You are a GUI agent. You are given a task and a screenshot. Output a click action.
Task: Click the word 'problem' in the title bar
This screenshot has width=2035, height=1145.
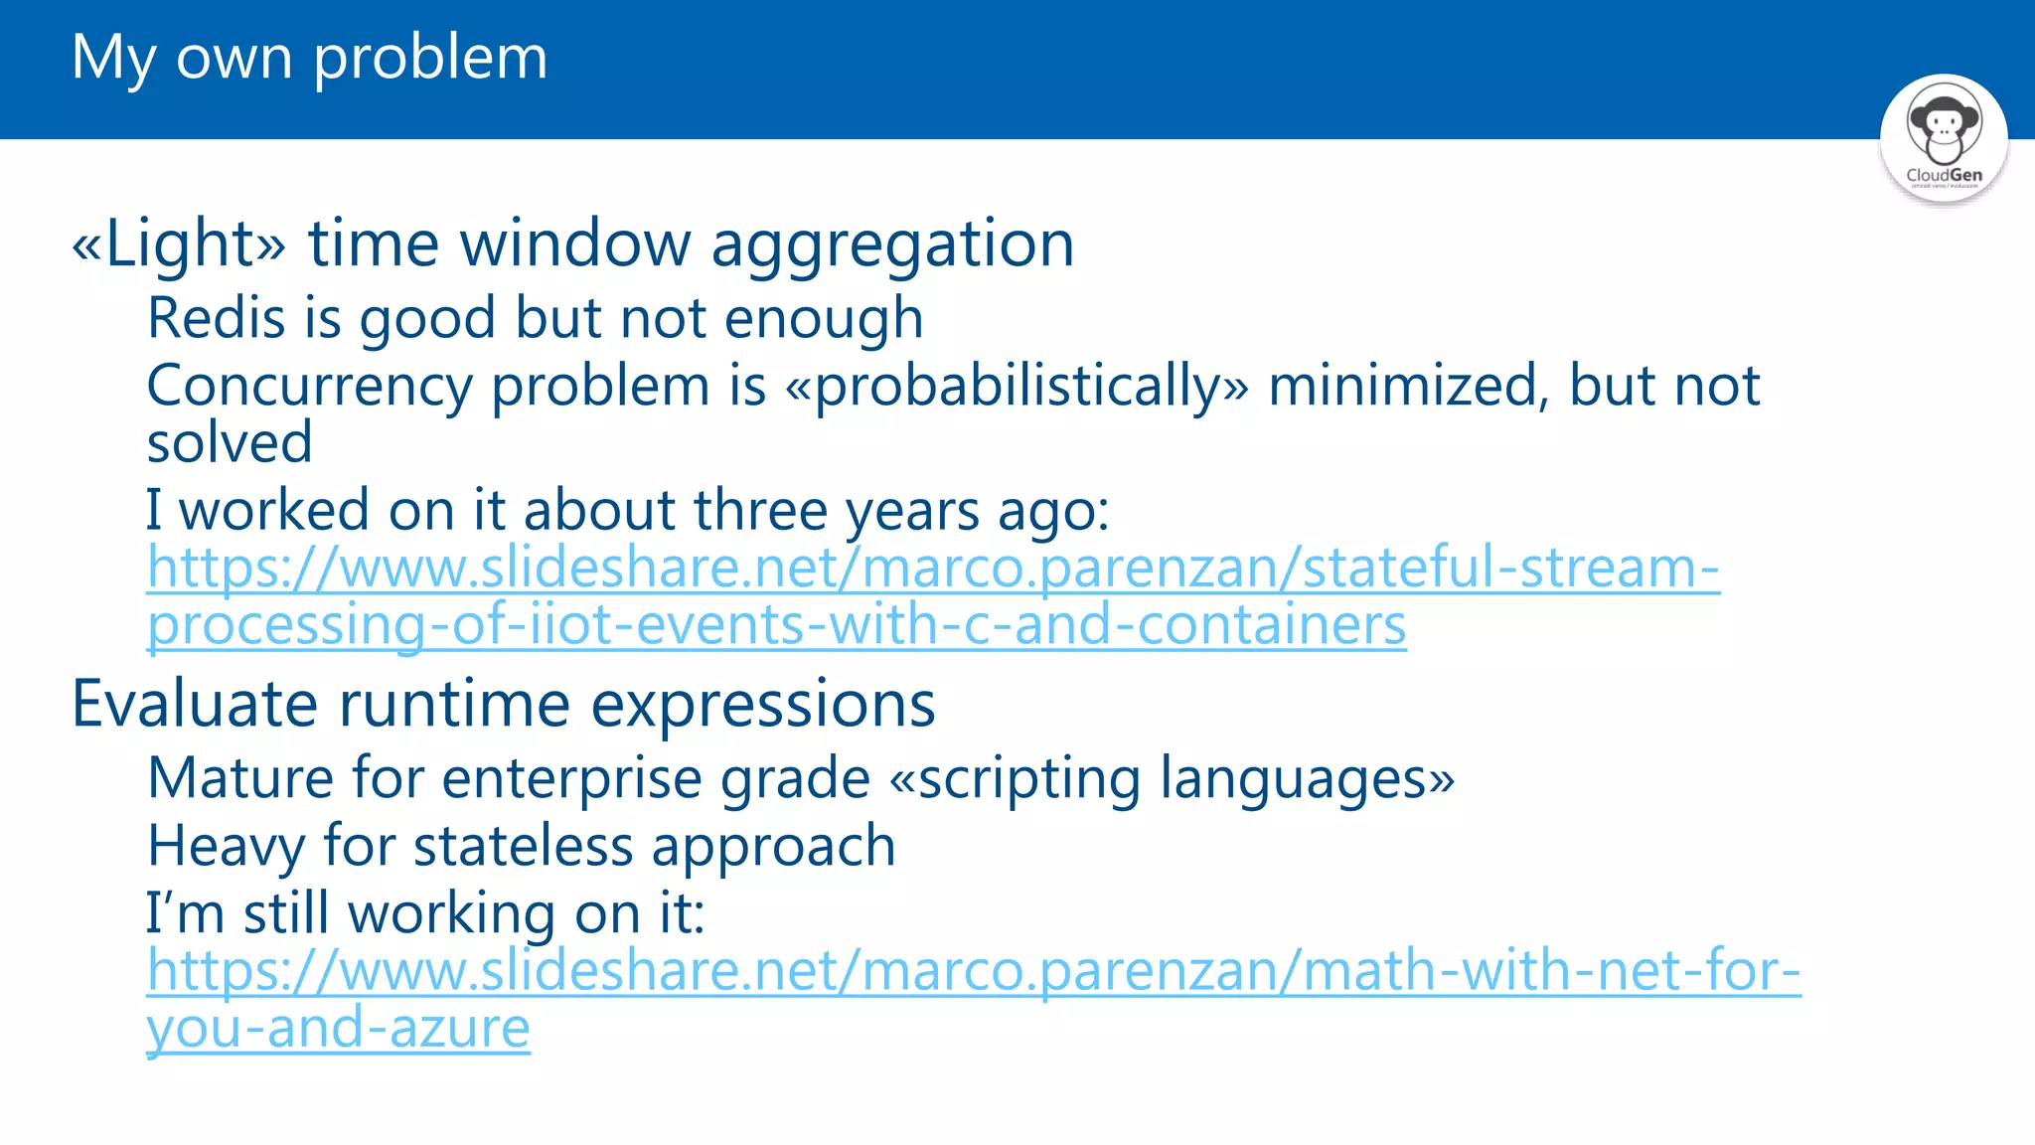tap(430, 58)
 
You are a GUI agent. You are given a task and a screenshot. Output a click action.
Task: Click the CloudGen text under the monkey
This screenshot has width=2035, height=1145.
tap(1944, 175)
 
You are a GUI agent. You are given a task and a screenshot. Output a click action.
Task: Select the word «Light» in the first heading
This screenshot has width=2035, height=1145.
tap(179, 244)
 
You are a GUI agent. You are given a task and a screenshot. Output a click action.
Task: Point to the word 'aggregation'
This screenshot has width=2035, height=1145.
tap(892, 244)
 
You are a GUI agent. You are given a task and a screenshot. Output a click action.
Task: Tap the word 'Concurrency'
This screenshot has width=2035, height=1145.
tap(309, 386)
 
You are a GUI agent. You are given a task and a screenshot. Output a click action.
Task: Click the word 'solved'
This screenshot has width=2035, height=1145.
tap(230, 442)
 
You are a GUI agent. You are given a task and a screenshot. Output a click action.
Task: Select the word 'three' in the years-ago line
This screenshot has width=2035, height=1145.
tap(760, 510)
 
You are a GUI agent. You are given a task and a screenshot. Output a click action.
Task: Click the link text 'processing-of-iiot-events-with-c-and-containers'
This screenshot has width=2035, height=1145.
tap(776, 625)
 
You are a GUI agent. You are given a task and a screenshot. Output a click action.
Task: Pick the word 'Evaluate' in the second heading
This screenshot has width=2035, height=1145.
tap(195, 704)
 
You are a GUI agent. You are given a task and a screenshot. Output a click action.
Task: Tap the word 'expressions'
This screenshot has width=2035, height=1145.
tap(762, 704)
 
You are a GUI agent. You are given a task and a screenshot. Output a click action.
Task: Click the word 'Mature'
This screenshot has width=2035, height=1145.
tap(239, 777)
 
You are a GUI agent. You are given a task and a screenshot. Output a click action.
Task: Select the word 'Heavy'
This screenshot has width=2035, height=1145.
tap(226, 846)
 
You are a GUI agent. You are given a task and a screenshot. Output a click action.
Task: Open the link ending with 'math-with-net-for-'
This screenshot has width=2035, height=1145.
tap(973, 970)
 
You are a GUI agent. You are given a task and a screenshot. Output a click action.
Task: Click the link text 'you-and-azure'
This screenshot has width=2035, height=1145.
tap(338, 1028)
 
